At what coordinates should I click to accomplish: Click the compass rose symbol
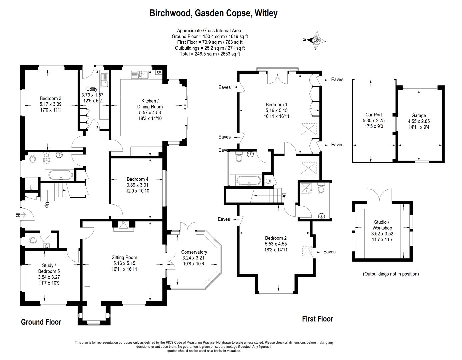point(316,40)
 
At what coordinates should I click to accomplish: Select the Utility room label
point(92,95)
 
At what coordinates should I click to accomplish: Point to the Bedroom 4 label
point(137,185)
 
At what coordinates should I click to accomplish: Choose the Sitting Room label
point(124,263)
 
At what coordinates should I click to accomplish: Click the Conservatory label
point(194,258)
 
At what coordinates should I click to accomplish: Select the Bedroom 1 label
point(276,110)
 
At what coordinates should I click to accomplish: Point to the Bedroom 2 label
point(276,244)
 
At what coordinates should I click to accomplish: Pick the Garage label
point(418,121)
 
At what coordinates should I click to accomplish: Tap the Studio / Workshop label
point(383,228)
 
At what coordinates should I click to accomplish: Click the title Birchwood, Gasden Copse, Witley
point(213,13)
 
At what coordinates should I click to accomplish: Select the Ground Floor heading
point(41,322)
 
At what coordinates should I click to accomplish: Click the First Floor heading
point(317,319)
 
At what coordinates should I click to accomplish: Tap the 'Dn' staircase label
point(284,195)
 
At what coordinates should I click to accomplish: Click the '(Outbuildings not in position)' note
point(391,274)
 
